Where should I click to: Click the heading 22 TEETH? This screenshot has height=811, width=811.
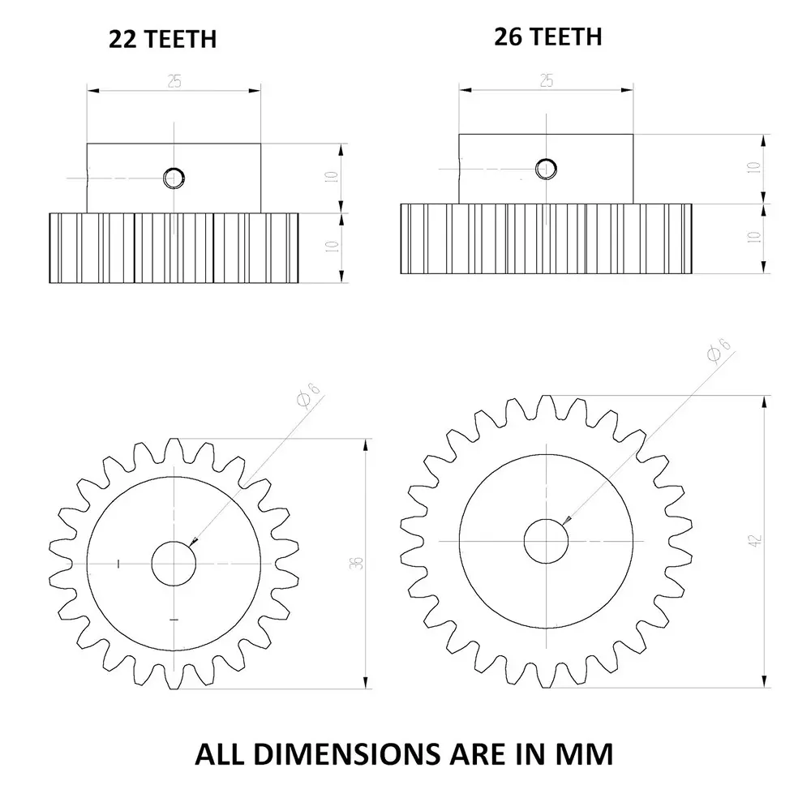pos(163,38)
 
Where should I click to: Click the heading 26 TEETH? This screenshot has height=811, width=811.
pos(548,36)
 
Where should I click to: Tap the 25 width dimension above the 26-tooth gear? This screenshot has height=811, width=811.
pos(546,79)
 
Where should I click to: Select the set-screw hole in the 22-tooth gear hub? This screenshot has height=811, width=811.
pos(174,177)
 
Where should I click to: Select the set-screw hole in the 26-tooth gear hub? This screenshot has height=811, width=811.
pos(546,168)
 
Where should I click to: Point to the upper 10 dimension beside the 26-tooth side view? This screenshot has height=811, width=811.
pos(754,169)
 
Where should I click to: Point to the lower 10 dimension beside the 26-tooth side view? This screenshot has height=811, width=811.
pos(754,238)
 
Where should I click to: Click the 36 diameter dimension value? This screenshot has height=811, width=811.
pos(358,563)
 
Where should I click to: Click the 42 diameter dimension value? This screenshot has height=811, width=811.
pos(755,540)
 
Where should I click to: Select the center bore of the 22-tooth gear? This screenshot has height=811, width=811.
pos(174,562)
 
